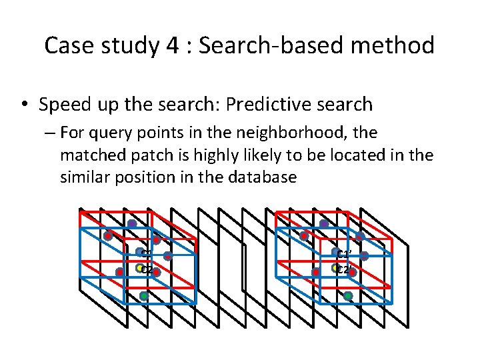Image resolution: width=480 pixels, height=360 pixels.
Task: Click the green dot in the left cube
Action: point(144,295)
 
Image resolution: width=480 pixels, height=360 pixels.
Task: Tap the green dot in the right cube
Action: point(348,295)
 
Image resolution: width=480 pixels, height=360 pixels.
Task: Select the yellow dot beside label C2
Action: point(140,268)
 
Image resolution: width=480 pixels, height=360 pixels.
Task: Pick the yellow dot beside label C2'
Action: point(335,268)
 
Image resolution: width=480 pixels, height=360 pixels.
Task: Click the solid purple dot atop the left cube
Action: point(132,224)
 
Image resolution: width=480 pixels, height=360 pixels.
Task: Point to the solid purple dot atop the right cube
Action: point(324,224)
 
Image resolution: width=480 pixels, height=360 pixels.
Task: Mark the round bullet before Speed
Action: point(23,105)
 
